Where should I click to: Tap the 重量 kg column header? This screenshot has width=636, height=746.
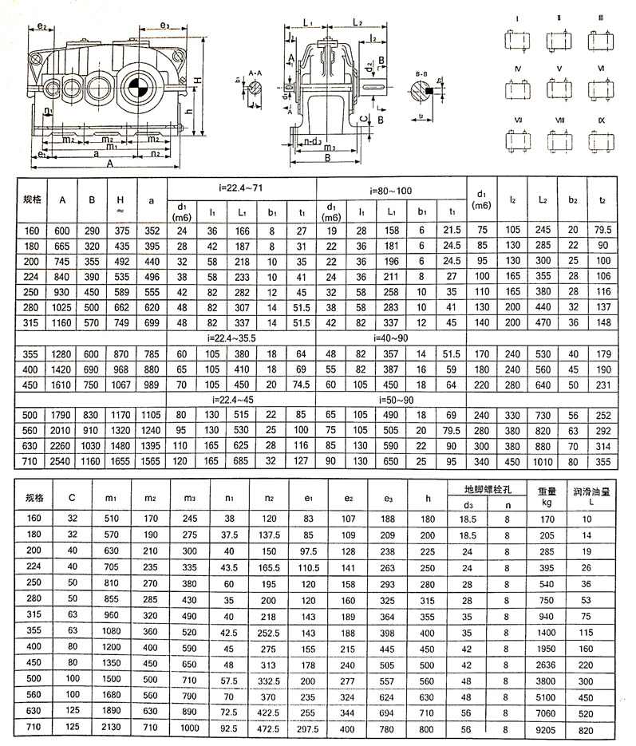click(x=547, y=497)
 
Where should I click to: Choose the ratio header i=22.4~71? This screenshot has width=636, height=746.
click(x=241, y=188)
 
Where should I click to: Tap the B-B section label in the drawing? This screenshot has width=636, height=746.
click(x=423, y=73)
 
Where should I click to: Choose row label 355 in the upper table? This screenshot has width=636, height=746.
click(x=32, y=353)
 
